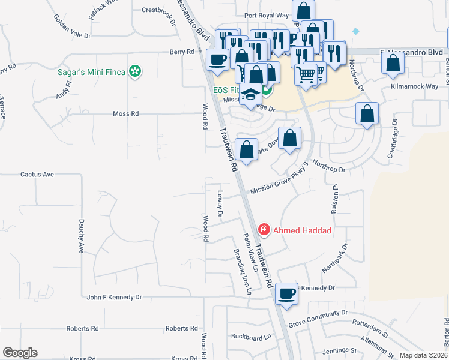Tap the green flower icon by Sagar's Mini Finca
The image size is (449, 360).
tap(136, 72)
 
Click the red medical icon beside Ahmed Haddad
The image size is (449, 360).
tap(263, 230)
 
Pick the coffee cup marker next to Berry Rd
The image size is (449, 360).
tap(217, 59)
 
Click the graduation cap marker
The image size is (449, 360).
tap(250, 96)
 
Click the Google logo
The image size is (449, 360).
tap(20, 353)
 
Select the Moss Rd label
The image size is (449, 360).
tap(126, 113)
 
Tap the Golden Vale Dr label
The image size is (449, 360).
tap(72, 32)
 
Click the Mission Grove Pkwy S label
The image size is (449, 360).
tap(279, 184)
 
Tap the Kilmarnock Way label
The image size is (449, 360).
tap(414, 86)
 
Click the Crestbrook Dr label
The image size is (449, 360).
tap(158, 11)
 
